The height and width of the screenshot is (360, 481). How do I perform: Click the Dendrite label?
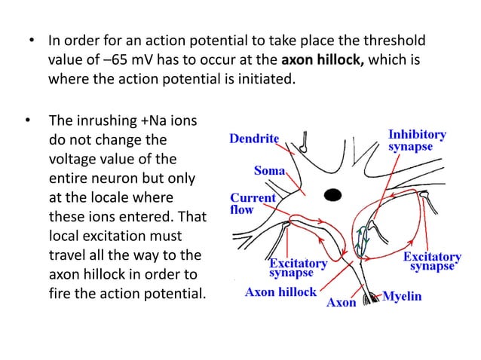[254, 139]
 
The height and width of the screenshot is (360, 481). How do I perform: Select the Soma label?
[269, 171]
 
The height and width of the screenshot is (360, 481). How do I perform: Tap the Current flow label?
[253, 204]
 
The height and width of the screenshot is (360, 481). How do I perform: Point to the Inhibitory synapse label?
[416, 140]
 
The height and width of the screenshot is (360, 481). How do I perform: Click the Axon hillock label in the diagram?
[280, 292]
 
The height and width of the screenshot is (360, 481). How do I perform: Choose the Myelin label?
[403, 297]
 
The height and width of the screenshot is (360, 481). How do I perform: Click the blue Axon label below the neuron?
[341, 304]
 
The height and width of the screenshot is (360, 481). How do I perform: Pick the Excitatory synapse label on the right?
[431, 261]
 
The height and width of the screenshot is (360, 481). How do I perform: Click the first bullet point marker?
[30, 40]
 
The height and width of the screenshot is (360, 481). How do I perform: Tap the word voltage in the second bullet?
[73, 159]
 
